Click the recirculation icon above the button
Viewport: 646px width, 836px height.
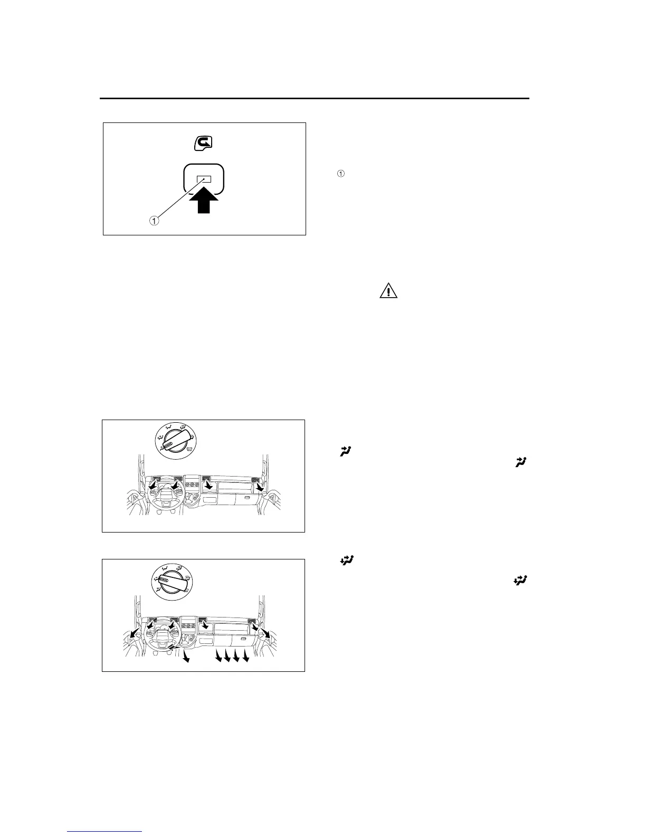pyautogui.click(x=203, y=143)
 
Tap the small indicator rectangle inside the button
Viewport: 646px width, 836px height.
pyautogui.click(x=204, y=179)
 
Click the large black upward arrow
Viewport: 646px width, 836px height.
pyautogui.click(x=204, y=199)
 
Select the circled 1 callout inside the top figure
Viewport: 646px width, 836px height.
pyautogui.click(x=154, y=221)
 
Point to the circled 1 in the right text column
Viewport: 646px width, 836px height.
pyautogui.click(x=341, y=174)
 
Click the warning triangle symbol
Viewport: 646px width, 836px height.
pyautogui.click(x=388, y=291)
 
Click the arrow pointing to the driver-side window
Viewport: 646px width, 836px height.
pyautogui.click(x=135, y=633)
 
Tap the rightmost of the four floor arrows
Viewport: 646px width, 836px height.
pyautogui.click(x=245, y=656)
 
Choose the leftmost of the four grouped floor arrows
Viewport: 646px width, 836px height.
pyautogui.click(x=218, y=656)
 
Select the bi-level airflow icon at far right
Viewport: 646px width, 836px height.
pyautogui.click(x=519, y=581)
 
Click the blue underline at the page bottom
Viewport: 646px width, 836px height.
pyautogui.click(x=105, y=832)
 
